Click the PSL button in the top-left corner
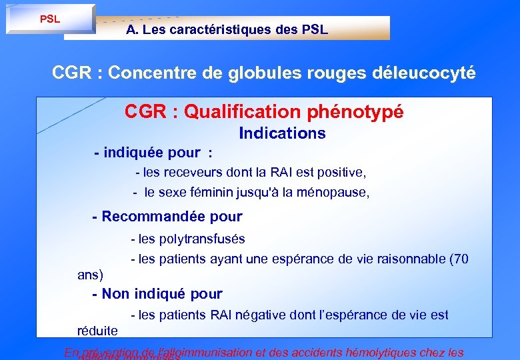pos(50,19)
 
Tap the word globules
pos(259,73)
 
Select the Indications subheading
pos(282,133)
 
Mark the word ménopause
pos(337,193)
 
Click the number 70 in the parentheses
pos(461,259)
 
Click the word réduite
pos(97,331)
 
